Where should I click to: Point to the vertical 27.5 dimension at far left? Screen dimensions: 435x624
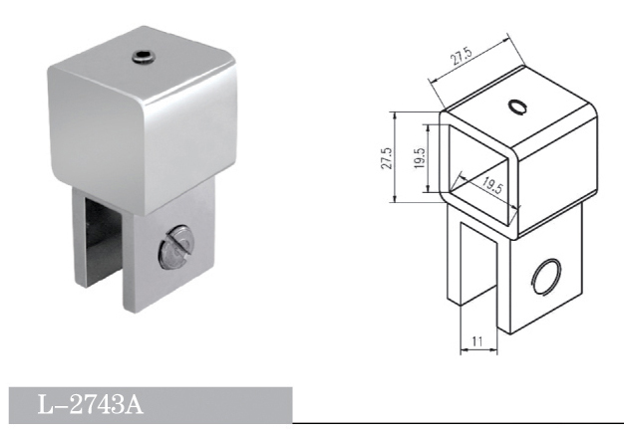click(x=387, y=158)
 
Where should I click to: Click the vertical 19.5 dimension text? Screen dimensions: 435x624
click(x=419, y=158)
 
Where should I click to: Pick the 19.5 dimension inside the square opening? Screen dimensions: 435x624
click(x=489, y=184)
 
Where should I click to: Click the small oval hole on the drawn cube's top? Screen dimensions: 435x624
click(x=517, y=107)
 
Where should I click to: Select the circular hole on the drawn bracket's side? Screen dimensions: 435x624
click(x=547, y=277)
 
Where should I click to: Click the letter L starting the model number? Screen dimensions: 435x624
click(x=45, y=406)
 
